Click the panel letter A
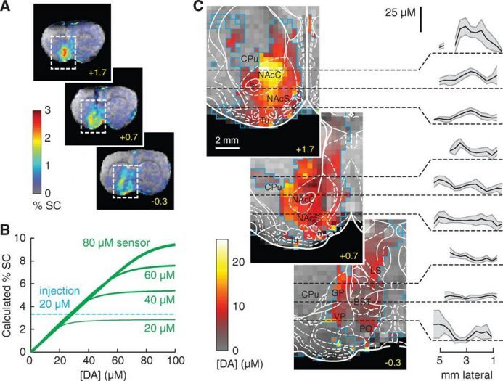[8, 9]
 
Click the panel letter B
[8, 231]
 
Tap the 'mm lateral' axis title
[466, 372]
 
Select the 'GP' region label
[338, 292]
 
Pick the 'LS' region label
[375, 271]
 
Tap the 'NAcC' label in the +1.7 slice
[270, 74]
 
